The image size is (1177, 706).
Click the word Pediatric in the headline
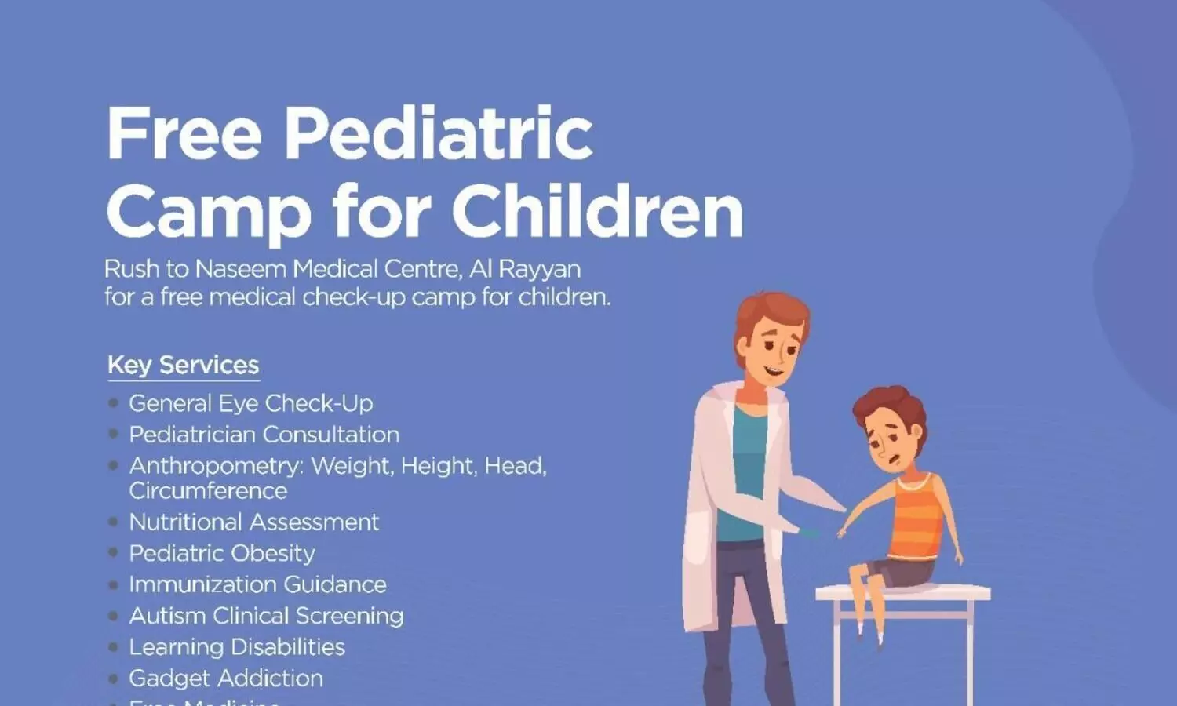point(437,133)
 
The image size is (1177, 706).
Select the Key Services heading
point(183,365)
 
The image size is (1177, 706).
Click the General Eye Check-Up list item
point(250,403)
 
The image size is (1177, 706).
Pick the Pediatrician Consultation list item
point(264,435)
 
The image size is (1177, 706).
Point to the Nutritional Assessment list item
point(253,522)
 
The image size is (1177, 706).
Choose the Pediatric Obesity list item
point(221,553)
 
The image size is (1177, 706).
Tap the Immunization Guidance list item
point(257,584)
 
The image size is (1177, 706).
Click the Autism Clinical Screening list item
point(266,616)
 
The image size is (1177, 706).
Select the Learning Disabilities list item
point(236,647)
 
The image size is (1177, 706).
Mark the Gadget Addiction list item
point(225,678)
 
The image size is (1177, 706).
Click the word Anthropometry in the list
point(215,466)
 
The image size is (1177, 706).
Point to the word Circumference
point(208,491)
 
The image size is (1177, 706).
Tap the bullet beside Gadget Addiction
point(114,678)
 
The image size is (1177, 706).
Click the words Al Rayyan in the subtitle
point(525,269)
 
